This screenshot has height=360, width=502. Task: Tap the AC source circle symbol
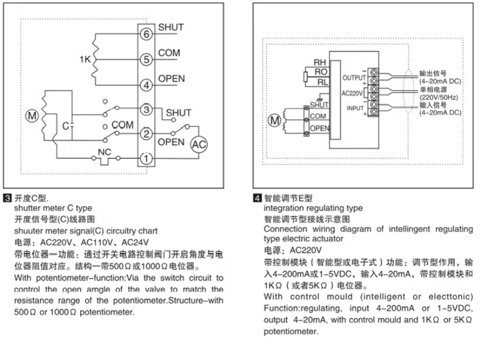[198, 145]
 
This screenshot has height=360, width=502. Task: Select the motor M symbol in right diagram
[275, 120]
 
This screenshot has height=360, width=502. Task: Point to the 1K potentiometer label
[84, 58]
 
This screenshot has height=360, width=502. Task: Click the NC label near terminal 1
[104, 151]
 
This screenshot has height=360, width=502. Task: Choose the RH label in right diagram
[320, 62]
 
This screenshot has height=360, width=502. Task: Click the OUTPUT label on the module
[353, 77]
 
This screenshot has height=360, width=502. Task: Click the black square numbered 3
[7, 199]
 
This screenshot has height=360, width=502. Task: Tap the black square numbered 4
[257, 199]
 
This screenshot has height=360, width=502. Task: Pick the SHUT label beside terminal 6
[171, 27]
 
